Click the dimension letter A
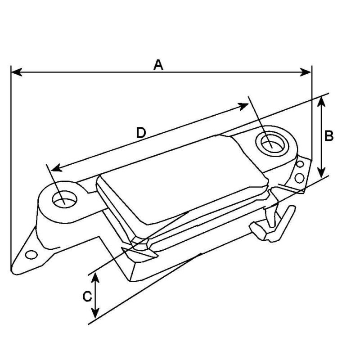[158, 65]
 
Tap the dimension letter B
[329, 136]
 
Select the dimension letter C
[87, 296]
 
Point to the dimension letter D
[141, 132]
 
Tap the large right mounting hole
[271, 144]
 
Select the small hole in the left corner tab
[31, 255]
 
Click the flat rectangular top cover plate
[180, 180]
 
